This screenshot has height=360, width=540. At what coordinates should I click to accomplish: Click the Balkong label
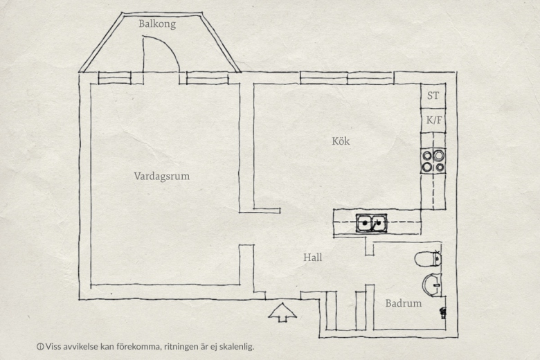click(x=157, y=24)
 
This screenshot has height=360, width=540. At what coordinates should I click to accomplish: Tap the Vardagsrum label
click(x=162, y=176)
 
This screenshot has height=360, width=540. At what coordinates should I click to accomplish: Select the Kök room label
click(x=341, y=141)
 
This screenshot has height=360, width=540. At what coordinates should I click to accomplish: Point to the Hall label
click(x=313, y=258)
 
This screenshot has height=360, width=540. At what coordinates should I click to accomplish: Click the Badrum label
click(x=404, y=303)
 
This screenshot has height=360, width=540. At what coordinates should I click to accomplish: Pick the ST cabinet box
click(x=433, y=96)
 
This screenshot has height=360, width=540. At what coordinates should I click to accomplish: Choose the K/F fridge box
click(x=433, y=120)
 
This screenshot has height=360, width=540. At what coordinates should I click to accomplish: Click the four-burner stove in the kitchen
click(x=433, y=161)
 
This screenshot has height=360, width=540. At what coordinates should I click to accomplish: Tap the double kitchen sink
click(x=371, y=223)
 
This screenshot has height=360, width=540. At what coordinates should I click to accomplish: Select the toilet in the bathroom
click(x=428, y=259)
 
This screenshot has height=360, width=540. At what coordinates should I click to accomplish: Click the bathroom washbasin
click(x=432, y=285)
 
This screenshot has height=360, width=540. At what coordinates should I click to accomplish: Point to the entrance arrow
click(x=282, y=312)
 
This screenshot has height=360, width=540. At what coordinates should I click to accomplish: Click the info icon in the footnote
click(x=40, y=347)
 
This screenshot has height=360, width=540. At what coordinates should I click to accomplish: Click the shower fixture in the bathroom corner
click(x=443, y=313)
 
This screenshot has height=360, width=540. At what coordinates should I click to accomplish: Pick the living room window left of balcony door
click(x=115, y=78)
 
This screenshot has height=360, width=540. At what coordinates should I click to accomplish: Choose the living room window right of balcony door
click(x=207, y=78)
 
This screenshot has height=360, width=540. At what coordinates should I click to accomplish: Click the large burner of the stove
click(x=438, y=156)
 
